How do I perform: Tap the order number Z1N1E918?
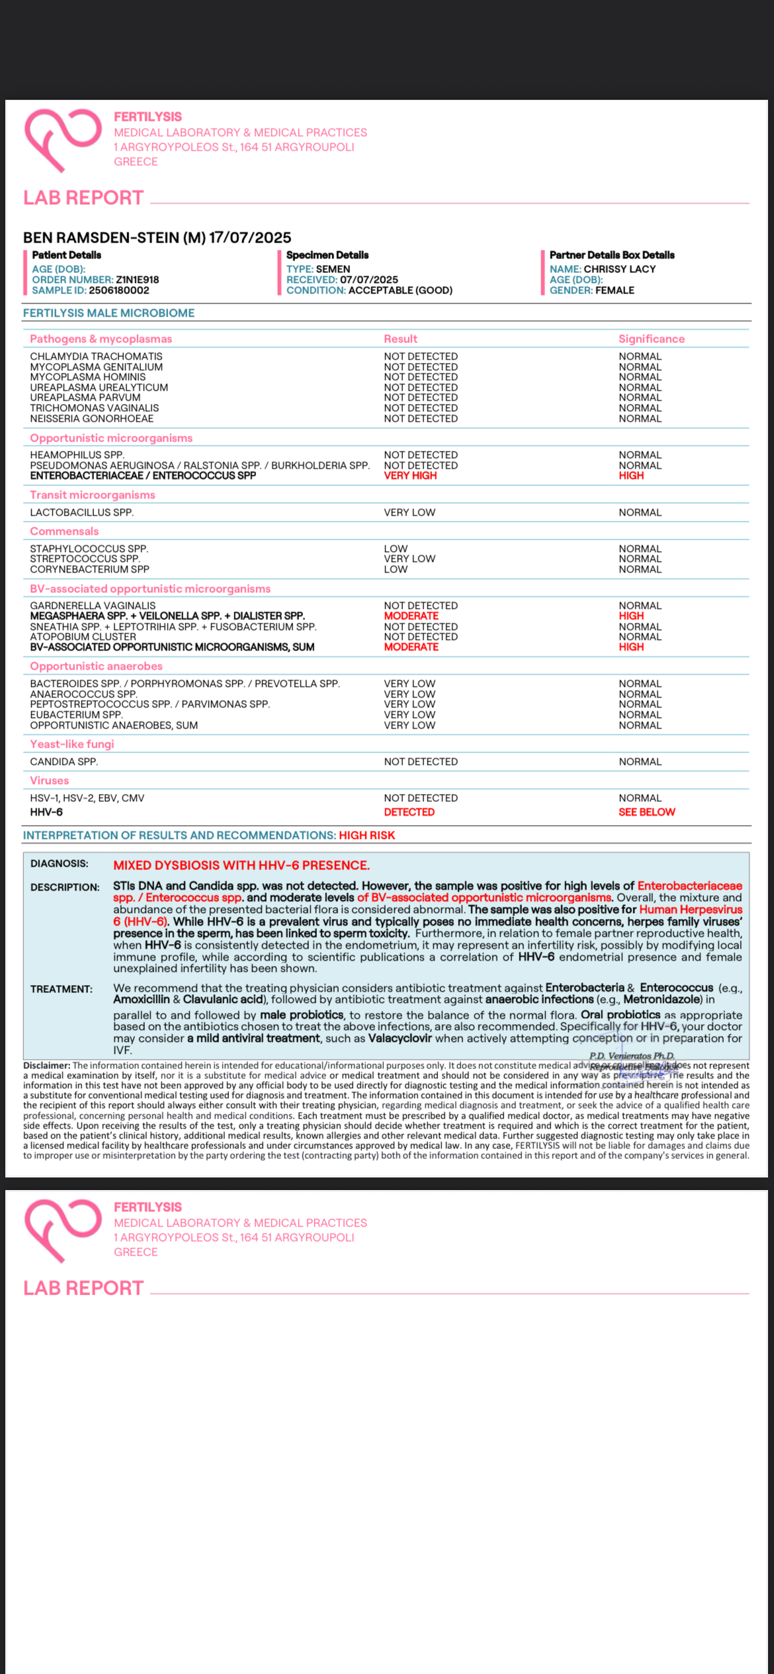[137, 280]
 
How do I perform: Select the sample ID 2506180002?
[119, 290]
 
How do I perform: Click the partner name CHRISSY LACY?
[620, 269]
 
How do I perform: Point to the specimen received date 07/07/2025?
[369, 280]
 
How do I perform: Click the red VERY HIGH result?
[410, 475]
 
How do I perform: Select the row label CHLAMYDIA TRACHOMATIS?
[96, 356]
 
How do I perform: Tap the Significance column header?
[652, 339]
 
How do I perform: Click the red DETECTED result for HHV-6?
[409, 812]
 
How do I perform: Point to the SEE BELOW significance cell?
[646, 812]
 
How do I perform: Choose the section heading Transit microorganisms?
[93, 495]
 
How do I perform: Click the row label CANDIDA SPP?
[64, 762]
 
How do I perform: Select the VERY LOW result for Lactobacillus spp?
[409, 512]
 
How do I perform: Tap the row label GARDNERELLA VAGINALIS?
[93, 606]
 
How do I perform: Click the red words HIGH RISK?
[366, 835]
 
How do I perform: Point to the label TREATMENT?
[62, 989]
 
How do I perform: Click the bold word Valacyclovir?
[400, 1038]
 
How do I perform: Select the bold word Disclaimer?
[46, 1065]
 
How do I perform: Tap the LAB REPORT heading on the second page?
[83, 1288]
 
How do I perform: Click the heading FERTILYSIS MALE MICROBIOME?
[108, 313]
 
